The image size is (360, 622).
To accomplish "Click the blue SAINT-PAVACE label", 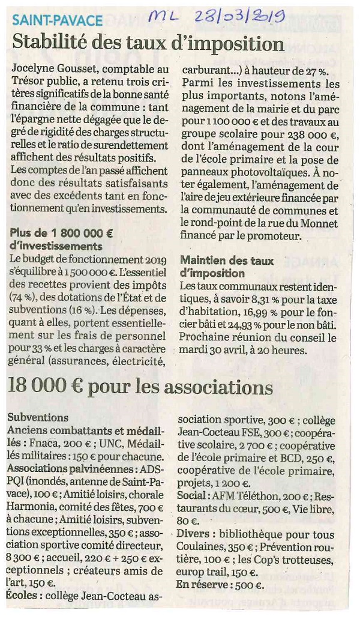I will [x=57, y=20].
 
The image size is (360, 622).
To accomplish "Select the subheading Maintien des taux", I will [x=227, y=261].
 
